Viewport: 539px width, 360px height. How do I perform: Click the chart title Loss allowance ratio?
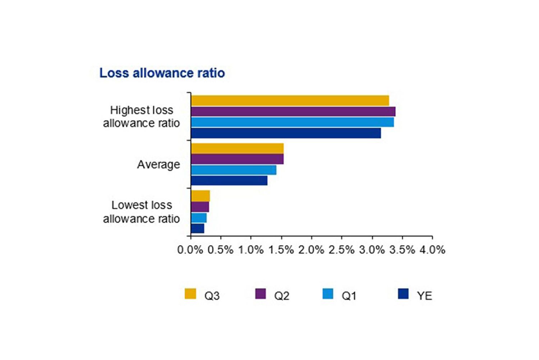162,73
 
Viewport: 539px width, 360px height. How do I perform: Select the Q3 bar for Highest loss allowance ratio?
290,101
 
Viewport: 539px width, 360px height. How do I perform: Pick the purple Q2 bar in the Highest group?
293,112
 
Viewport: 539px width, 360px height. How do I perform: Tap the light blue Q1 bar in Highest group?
292,123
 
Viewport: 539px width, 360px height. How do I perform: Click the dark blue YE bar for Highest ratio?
286,133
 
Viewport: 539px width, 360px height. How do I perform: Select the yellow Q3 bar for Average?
237,149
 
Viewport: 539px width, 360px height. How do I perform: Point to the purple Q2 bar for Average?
237,159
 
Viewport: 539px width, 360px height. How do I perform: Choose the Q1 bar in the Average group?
234,170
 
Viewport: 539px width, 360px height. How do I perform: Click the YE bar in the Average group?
229,180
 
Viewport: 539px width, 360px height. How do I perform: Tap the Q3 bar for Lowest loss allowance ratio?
201,196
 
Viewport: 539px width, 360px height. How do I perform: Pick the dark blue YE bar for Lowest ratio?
198,229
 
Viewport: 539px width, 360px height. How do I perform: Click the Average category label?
158,165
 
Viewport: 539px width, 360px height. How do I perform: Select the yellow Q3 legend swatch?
190,294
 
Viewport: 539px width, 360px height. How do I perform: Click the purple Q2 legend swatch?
261,294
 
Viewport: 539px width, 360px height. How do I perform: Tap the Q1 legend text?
349,296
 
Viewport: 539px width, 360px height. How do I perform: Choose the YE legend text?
424,296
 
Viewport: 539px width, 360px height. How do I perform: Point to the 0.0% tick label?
190,250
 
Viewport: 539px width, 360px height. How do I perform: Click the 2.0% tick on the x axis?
311,250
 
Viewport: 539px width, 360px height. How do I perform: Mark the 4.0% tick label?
432,250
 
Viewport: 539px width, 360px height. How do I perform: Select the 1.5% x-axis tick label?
281,250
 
